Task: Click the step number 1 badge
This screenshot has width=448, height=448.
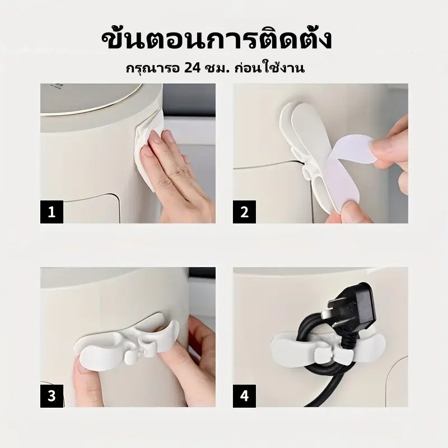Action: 52,212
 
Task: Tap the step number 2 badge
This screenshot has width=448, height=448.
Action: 245,212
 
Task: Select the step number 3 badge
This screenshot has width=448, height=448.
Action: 52,396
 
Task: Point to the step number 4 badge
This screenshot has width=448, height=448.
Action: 245,396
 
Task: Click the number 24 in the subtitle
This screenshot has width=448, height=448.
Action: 193,68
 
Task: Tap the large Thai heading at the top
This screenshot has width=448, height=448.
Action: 216,40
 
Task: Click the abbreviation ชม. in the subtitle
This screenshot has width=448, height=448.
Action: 218,68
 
